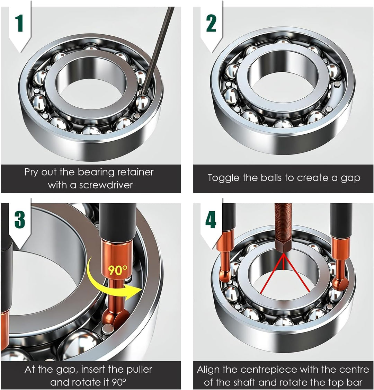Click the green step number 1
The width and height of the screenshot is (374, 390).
(x=19, y=24)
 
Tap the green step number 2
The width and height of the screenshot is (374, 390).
(x=211, y=24)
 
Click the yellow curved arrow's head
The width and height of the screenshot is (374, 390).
(x=134, y=292)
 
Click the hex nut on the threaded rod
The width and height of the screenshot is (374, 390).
(x=284, y=247)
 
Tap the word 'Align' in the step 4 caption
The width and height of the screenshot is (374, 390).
(x=208, y=370)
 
